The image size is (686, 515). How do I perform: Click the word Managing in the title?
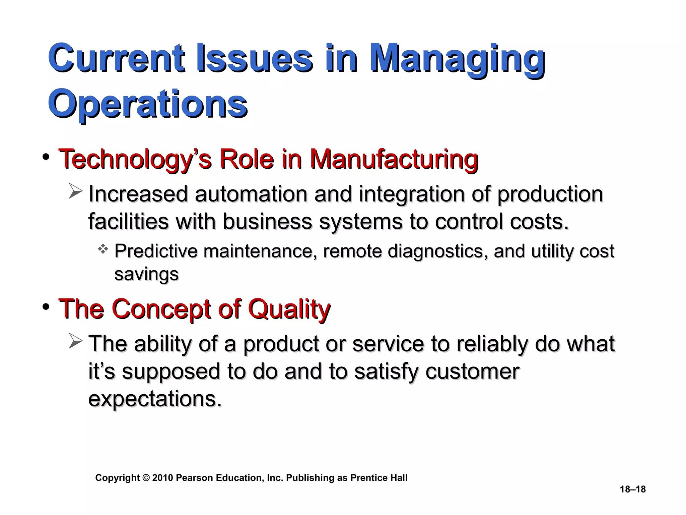coord(457,60)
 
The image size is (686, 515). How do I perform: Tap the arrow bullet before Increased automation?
coord(75,191)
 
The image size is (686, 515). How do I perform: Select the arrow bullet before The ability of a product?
coord(75,341)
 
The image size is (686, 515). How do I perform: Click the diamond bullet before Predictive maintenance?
coord(103,249)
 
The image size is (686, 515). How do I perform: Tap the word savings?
coord(146,274)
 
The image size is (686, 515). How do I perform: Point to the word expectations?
coord(155,399)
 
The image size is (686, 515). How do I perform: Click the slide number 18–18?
coord(632,489)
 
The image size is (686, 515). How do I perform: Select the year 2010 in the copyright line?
coord(163,478)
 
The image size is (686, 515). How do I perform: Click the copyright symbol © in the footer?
coord(146,478)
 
